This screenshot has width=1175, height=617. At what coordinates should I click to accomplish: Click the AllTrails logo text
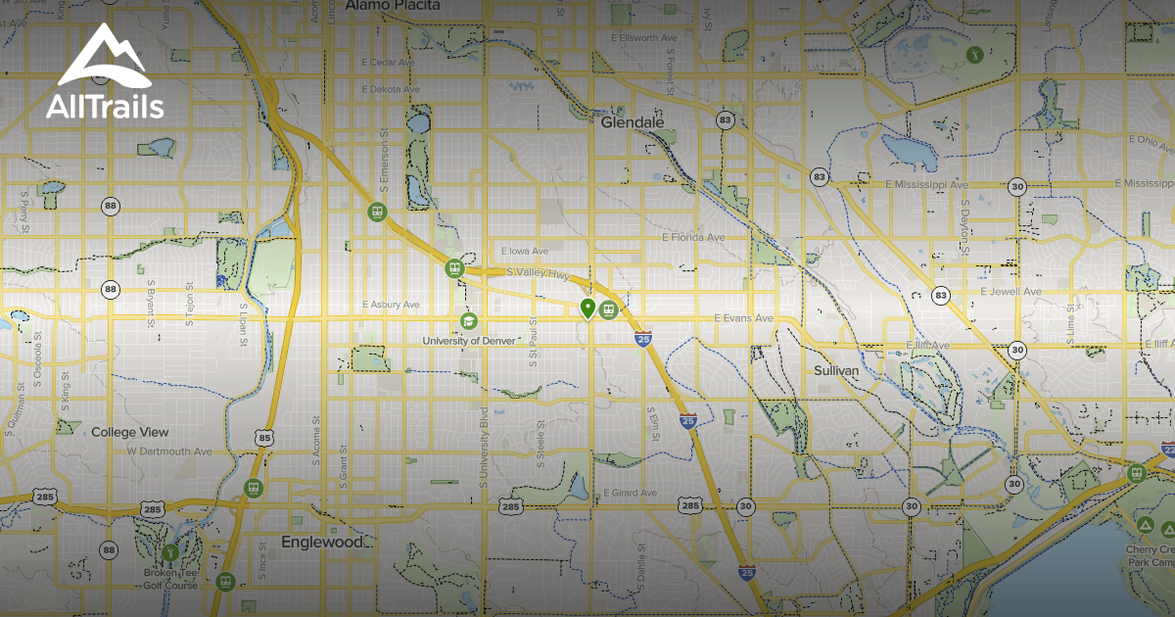coord(105,107)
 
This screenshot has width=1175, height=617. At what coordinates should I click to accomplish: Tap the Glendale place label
coord(637,123)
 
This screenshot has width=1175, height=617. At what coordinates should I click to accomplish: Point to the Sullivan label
coord(836,371)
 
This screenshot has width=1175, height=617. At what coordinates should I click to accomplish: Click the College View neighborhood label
coord(129,432)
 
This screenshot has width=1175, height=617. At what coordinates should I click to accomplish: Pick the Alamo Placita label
coord(393,6)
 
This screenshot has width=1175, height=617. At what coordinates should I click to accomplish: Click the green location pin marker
coord(587,309)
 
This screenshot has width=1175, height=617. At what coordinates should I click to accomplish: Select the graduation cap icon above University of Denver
coord(468,321)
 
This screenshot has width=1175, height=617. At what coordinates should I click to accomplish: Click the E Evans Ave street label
coord(743,318)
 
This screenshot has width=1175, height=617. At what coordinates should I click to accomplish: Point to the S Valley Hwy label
coord(537,275)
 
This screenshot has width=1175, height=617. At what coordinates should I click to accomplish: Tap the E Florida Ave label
coord(693,237)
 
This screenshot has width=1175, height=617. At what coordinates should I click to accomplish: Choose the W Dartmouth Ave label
coord(169,451)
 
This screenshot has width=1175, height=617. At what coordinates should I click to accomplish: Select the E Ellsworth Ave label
coord(642,38)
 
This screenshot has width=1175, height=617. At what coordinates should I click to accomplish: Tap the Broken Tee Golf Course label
coord(168,580)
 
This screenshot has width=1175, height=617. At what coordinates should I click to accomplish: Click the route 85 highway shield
coord(263,438)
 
